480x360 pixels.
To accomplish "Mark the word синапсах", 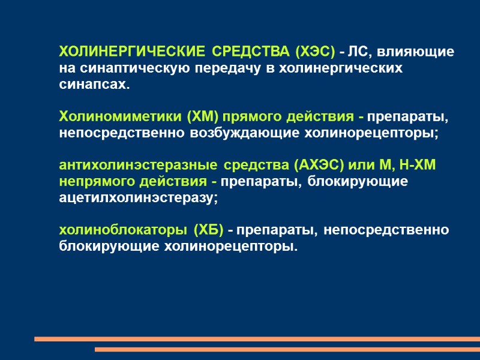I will point(93,85).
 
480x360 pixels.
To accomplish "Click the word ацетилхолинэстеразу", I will point(135,197).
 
